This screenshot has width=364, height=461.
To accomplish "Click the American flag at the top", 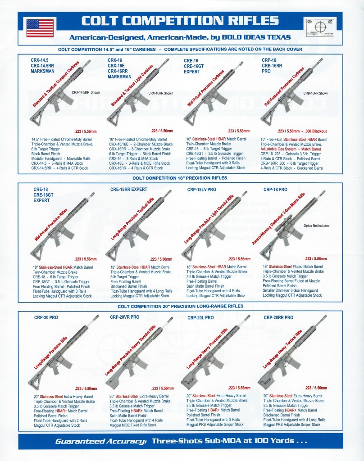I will (40, 28).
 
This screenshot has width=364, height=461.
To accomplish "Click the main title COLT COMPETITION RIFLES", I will (180, 21).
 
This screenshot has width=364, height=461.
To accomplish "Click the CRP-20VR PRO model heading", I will (125, 317).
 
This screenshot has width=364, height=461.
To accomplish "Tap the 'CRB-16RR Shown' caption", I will (316, 93).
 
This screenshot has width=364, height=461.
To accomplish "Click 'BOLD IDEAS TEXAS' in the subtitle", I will (261, 36).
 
